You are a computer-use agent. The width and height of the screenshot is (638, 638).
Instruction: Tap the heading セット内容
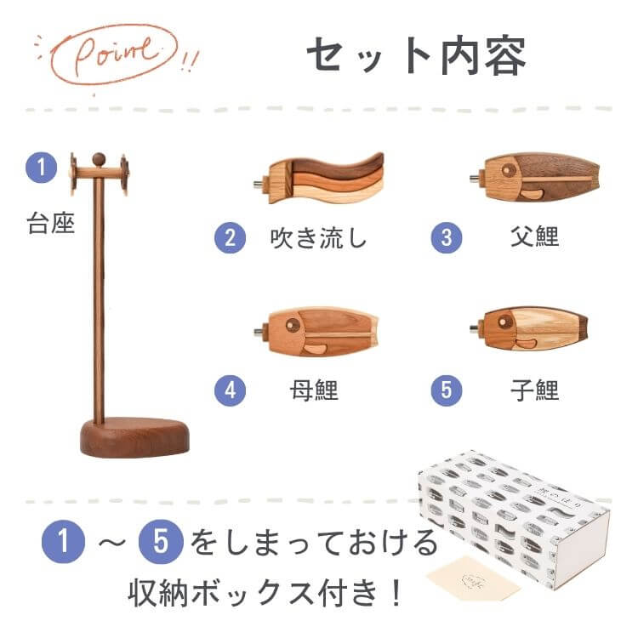click(x=416, y=56)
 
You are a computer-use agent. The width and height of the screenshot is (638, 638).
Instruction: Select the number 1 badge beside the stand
click(x=41, y=168)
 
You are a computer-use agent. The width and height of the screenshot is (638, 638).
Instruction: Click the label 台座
click(x=51, y=224)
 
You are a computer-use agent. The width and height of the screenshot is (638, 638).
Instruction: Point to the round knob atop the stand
click(x=99, y=159)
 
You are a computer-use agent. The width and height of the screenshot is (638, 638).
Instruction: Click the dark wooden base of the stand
click(x=135, y=437)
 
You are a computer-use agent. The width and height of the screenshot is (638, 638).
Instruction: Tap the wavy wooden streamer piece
click(x=319, y=179)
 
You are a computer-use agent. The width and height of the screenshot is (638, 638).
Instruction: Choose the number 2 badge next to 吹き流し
click(x=230, y=237)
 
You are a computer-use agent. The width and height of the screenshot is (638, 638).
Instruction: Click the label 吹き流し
click(x=319, y=237)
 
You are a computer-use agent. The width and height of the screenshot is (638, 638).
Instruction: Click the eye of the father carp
click(x=508, y=170)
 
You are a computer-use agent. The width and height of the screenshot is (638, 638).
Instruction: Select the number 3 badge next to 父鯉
click(x=447, y=237)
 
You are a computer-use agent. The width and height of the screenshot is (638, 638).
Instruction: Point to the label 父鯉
click(x=535, y=236)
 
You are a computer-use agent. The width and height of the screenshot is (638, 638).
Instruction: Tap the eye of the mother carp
click(x=293, y=324)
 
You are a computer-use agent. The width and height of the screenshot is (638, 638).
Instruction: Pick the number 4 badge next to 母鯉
click(x=230, y=390)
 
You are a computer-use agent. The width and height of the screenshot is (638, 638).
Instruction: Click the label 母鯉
click(x=314, y=390)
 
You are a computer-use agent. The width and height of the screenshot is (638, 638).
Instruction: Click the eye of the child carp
click(x=505, y=322)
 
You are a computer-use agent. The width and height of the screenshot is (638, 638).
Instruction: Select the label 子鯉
click(x=535, y=390)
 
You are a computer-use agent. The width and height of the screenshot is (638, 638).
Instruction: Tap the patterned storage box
click(x=515, y=519)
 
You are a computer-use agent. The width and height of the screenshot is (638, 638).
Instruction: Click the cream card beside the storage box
click(x=473, y=578)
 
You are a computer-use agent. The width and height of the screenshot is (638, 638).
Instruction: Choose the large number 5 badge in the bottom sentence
click(x=161, y=542)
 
